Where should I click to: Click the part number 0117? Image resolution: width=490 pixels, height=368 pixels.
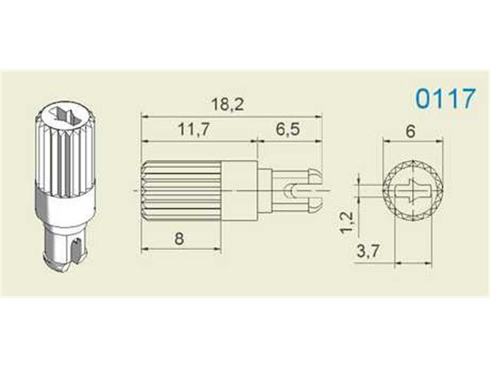click(x=445, y=100)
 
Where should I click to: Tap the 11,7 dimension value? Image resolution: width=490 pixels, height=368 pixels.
click(x=195, y=130)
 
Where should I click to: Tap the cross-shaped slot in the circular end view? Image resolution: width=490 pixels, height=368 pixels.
click(x=413, y=188)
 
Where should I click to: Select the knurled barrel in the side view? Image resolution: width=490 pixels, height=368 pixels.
click(x=181, y=188)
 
